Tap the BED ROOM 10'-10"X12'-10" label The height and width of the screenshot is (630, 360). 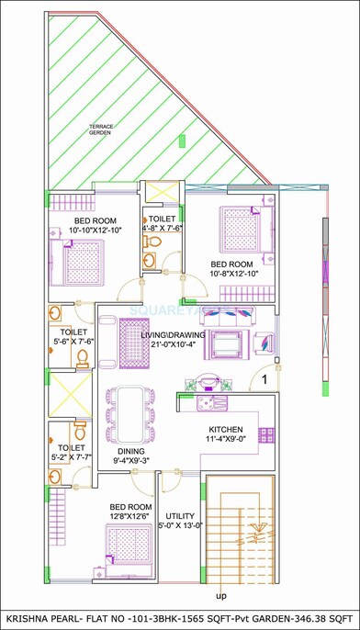click(x=95, y=226)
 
